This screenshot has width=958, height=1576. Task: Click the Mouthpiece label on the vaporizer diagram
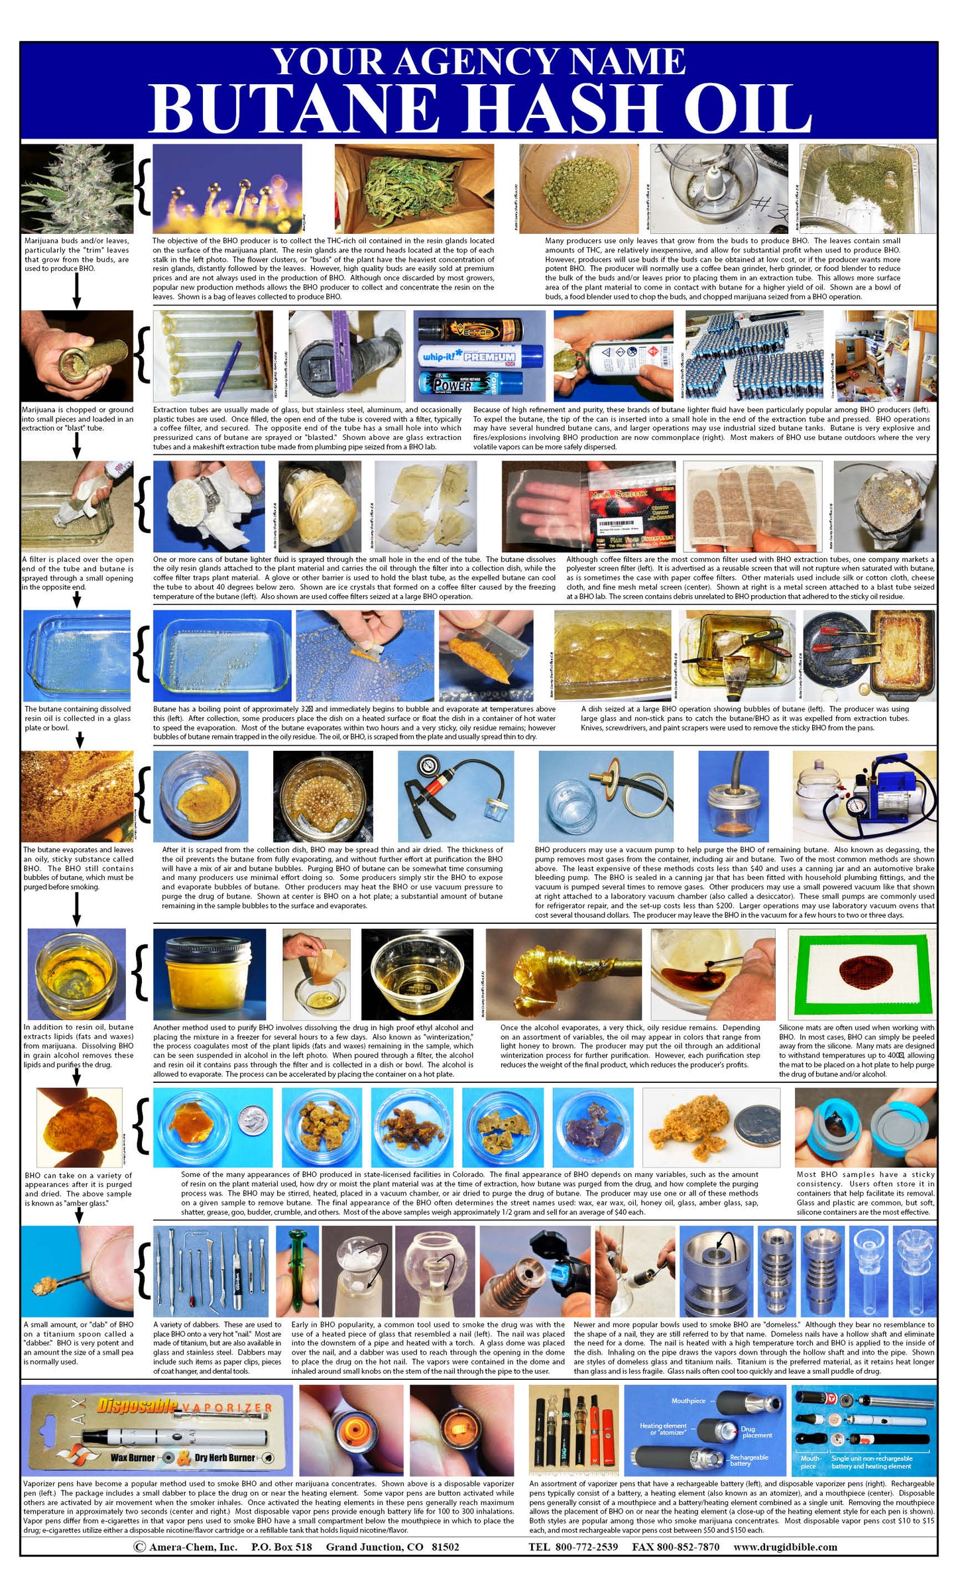[x=688, y=1400]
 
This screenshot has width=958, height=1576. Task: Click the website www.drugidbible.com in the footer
[x=785, y=1547]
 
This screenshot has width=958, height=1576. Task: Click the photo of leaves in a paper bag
[x=413, y=188]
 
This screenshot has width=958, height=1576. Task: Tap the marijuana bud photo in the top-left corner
[x=76, y=188]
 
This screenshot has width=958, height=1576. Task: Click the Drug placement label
[x=756, y=1432]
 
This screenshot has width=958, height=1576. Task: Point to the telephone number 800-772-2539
[x=573, y=1547]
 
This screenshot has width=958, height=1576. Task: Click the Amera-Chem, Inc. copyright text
[x=186, y=1547]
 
